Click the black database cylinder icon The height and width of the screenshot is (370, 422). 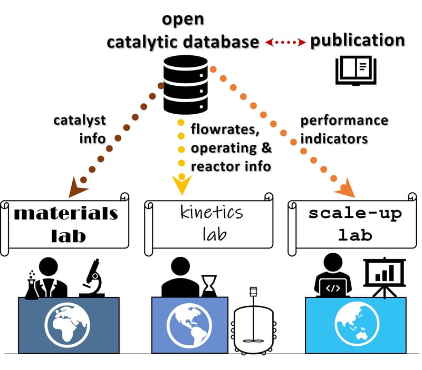186,87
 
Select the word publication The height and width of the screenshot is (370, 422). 357,41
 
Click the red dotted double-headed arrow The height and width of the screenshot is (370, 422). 285,42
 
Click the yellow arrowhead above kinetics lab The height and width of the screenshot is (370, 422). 181,184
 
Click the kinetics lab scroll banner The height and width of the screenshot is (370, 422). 209,223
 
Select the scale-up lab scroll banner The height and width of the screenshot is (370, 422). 352,223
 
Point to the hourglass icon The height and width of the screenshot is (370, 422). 209,285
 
